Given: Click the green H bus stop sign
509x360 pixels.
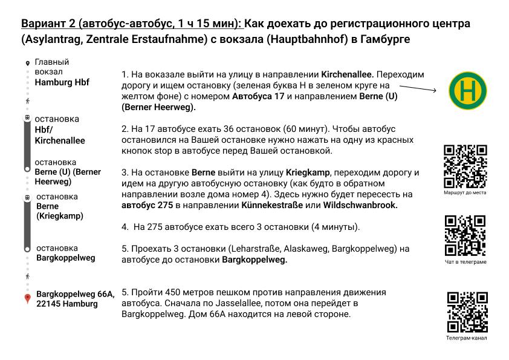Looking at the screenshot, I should (x=467, y=91).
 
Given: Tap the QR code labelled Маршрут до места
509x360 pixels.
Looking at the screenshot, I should (x=465, y=166).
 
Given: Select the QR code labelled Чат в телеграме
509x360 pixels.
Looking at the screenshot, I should (x=465, y=235).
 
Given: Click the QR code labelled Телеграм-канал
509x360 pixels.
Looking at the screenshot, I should (x=467, y=312).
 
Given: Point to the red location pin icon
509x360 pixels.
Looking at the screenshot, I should (x=27, y=299).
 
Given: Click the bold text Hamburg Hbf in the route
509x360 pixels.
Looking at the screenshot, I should (x=62, y=82).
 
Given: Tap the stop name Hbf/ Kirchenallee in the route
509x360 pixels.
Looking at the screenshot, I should (x=60, y=135).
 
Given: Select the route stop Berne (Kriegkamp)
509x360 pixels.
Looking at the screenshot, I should (x=60, y=211).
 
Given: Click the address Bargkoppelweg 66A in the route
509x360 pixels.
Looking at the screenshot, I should (x=75, y=294).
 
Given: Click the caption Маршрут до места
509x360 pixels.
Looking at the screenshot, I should (x=465, y=192).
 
